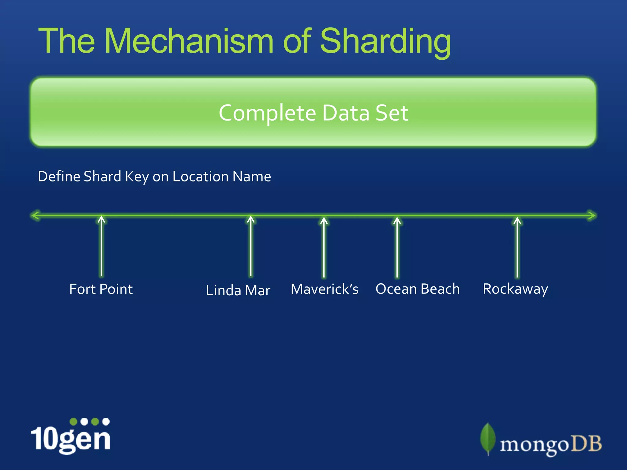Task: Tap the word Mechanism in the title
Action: [189, 41]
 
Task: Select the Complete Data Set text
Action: [313, 113]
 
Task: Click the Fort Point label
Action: [101, 289]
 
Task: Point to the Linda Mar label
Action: [238, 290]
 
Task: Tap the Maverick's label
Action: [325, 289]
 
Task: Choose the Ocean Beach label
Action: [418, 289]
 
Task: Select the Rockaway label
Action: [515, 289]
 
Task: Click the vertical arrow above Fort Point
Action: [101, 246]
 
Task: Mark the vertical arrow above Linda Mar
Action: [251, 246]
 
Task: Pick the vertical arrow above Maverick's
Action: [324, 247]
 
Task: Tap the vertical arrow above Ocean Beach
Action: [397, 247]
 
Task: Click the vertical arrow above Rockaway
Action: [517, 247]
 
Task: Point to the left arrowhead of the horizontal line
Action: [36, 215]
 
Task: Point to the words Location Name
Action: [222, 177]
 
